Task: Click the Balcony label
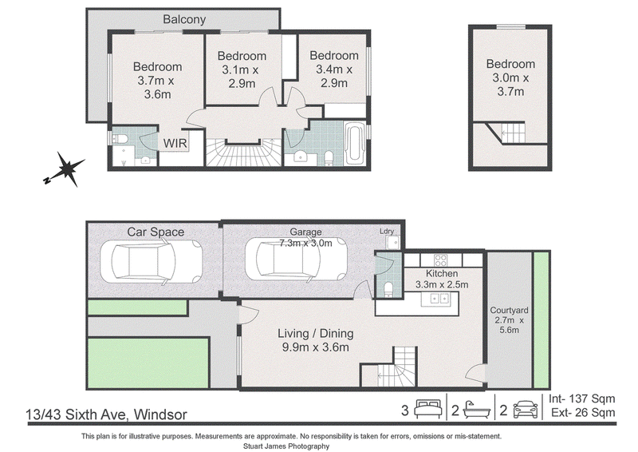point(184,19)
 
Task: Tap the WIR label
point(175,144)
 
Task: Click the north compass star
point(65,169)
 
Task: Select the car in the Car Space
point(152,261)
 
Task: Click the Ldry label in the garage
point(387,231)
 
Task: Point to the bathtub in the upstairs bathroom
point(354,145)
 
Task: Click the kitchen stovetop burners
point(441,260)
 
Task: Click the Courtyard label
point(509,311)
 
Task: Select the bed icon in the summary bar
point(428,409)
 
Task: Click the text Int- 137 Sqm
point(582,398)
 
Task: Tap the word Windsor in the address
point(161,414)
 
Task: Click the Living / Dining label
point(316,333)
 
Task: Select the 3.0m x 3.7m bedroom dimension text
point(510,85)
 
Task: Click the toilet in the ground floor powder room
point(388,289)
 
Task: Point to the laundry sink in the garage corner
point(393,243)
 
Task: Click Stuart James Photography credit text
point(286,446)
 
